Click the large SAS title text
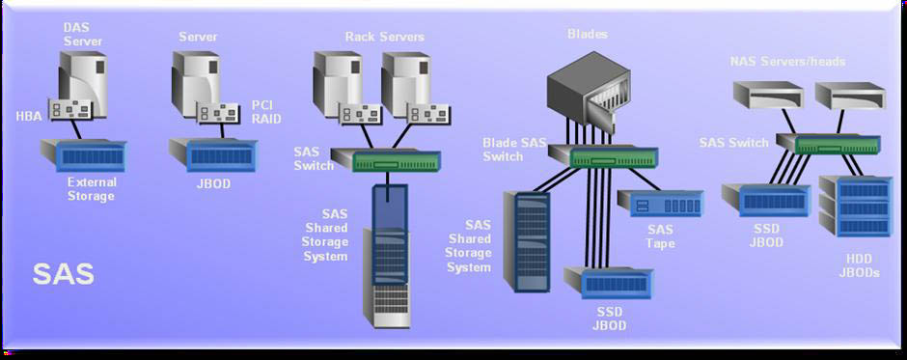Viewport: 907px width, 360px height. [x=63, y=274]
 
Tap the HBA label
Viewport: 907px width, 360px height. [x=29, y=117]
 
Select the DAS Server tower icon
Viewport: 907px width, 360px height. [x=83, y=84]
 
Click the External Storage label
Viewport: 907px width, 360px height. [x=92, y=189]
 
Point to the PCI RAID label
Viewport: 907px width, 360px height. [x=266, y=112]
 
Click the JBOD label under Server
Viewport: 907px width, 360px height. [x=213, y=184]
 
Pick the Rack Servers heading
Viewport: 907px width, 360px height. [x=385, y=37]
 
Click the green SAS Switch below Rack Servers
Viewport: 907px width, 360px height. [x=386, y=160]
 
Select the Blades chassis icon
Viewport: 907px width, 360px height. [x=589, y=94]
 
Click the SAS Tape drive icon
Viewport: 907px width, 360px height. [x=660, y=203]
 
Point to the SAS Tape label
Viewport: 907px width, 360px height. [x=660, y=236]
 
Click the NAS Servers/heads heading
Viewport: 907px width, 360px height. [x=787, y=62]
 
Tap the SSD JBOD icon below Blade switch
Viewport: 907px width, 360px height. [x=609, y=283]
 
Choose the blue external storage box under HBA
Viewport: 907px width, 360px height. [x=83, y=155]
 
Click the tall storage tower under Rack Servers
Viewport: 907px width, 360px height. [x=386, y=256]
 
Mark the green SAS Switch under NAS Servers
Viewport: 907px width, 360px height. [x=828, y=145]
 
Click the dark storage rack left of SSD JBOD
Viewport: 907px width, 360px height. [x=526, y=241]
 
